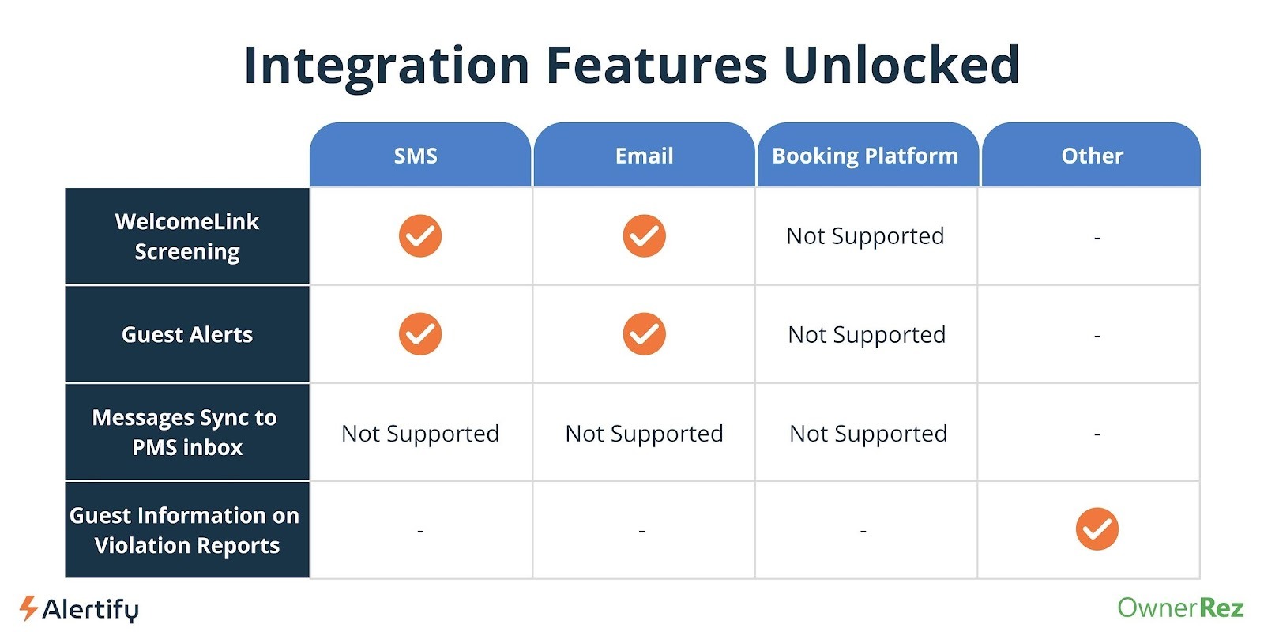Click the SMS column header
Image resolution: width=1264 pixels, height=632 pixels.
(x=416, y=156)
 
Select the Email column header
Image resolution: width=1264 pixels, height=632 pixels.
(x=644, y=156)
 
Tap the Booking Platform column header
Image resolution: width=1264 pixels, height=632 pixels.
(x=865, y=156)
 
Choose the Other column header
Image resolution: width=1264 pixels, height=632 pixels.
(x=1093, y=156)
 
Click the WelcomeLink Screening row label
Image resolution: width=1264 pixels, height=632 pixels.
(x=187, y=236)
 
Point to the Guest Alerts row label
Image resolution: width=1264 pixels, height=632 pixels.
(x=187, y=335)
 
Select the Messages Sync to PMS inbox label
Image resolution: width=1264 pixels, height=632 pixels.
(x=185, y=432)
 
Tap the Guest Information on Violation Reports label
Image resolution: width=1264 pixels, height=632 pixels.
(x=185, y=530)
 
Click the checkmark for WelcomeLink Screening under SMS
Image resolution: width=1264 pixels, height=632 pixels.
(x=420, y=236)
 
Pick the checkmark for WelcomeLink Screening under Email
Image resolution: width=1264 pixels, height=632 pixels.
(x=645, y=236)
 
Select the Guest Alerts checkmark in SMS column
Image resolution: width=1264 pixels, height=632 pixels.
(x=420, y=334)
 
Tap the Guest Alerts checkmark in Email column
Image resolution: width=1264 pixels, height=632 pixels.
(x=645, y=334)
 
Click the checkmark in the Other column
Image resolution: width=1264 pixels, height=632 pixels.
(x=1097, y=529)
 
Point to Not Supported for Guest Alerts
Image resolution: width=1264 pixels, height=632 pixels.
(x=867, y=335)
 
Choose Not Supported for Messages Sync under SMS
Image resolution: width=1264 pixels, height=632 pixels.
(x=420, y=434)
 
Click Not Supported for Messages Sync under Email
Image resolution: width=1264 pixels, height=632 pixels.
(x=645, y=434)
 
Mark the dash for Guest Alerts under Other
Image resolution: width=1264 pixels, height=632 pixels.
(x=1097, y=336)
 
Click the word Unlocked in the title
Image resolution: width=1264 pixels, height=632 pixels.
(x=901, y=65)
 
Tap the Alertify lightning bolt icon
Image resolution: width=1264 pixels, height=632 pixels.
(x=28, y=608)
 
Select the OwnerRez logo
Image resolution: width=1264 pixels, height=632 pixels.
(x=1180, y=608)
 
